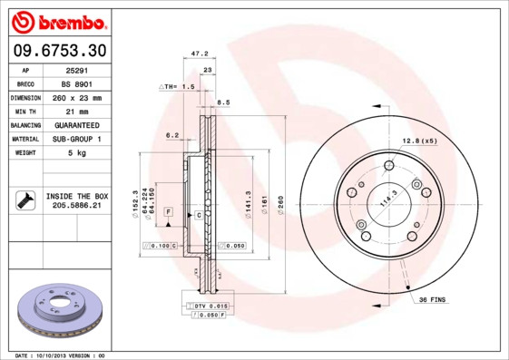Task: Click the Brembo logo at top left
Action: (x=60, y=20)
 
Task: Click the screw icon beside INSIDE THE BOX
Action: (x=24, y=200)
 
